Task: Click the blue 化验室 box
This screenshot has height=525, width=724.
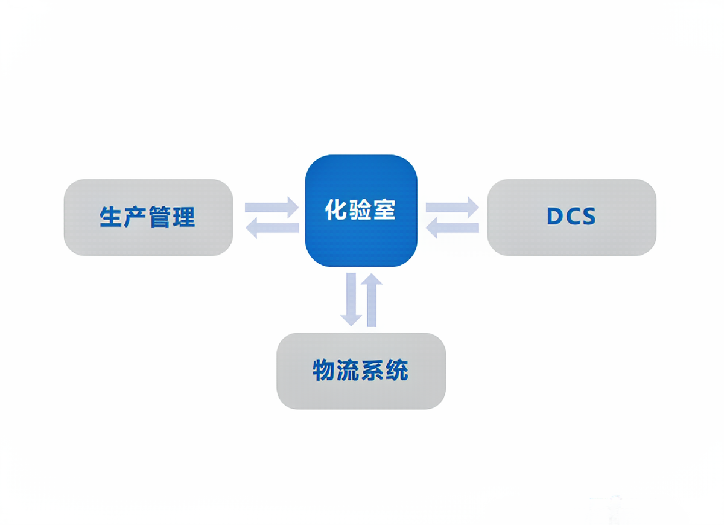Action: pos(361,211)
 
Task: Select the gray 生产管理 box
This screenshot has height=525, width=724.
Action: pos(148,217)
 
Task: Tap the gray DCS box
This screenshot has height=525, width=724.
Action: pos(572,217)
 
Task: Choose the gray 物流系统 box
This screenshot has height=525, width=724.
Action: pos(361,371)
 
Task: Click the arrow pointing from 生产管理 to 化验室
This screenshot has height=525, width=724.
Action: pos(271,207)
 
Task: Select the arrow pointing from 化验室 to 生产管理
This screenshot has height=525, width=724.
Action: pos(272,228)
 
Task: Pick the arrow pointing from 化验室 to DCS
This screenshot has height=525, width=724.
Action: pos(452,207)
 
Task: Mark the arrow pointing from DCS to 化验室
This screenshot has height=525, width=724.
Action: pos(452,228)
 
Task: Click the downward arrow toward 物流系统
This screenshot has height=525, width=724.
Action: pos(351,299)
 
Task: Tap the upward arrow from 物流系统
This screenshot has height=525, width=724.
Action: pos(372,300)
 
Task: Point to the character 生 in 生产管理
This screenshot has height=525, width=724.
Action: pos(110,217)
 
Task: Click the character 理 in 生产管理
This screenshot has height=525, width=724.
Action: pos(184,217)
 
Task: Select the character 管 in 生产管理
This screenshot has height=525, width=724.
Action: pos(160,217)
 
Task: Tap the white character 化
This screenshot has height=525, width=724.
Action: pos(336,210)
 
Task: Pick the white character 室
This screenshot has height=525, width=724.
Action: pos(384,210)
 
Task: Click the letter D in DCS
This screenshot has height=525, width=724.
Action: pos(554,216)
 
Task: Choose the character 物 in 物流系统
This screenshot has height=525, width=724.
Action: pos(323,370)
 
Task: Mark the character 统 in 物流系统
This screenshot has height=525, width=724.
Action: pos(397,370)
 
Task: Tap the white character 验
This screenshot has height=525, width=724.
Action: pos(360,210)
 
